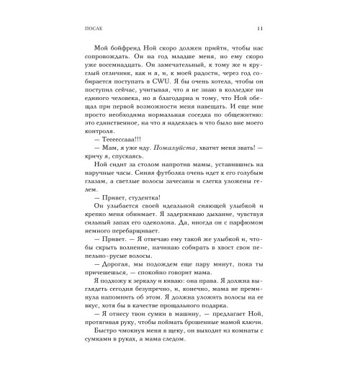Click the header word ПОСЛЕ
[84, 29]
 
